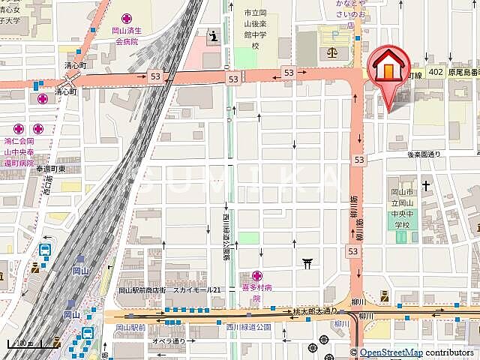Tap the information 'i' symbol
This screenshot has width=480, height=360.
pyautogui.click(x=214, y=35)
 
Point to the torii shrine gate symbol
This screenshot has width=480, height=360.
pyautogui.click(x=307, y=262)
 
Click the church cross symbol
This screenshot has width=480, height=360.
pyautogui.click(x=426, y=184)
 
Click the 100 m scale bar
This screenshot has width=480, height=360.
pyautogui.click(x=23, y=344)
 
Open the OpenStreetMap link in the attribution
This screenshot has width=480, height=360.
pyautogui.click(x=390, y=352)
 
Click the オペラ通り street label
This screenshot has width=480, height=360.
pyautogui.click(x=169, y=341)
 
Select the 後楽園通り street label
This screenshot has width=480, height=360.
pyautogui.click(x=424, y=154)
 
